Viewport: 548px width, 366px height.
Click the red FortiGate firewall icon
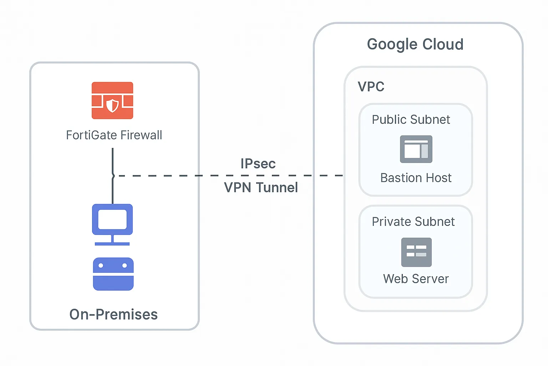pyautogui.click(x=112, y=100)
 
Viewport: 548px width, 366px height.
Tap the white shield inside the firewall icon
pyautogui.click(x=113, y=105)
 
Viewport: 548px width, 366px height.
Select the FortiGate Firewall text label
pyautogui.click(x=114, y=135)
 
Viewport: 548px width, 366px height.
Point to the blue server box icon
pyautogui.click(x=113, y=274)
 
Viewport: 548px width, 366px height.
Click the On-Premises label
pyautogui.click(x=113, y=315)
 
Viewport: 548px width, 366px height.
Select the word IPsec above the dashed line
pyautogui.click(x=258, y=164)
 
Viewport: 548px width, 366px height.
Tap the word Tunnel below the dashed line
pyautogui.click(x=277, y=188)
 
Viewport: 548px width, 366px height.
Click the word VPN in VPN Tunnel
pyautogui.click(x=238, y=188)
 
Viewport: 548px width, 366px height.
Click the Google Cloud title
pyautogui.click(x=415, y=45)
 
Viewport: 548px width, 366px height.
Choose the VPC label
pyautogui.click(x=371, y=87)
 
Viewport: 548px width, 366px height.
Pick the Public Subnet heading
pyautogui.click(x=411, y=120)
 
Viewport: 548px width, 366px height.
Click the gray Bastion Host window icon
pyautogui.click(x=416, y=149)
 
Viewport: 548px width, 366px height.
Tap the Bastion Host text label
pyautogui.click(x=416, y=178)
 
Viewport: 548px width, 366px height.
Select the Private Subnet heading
pyautogui.click(x=413, y=222)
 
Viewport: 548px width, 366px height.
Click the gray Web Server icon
pyautogui.click(x=416, y=252)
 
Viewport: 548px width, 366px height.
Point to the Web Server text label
pyautogui.click(x=416, y=279)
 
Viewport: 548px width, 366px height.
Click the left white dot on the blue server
pyautogui.click(x=101, y=266)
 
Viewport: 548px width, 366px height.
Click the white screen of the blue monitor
pyautogui.click(x=112, y=219)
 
